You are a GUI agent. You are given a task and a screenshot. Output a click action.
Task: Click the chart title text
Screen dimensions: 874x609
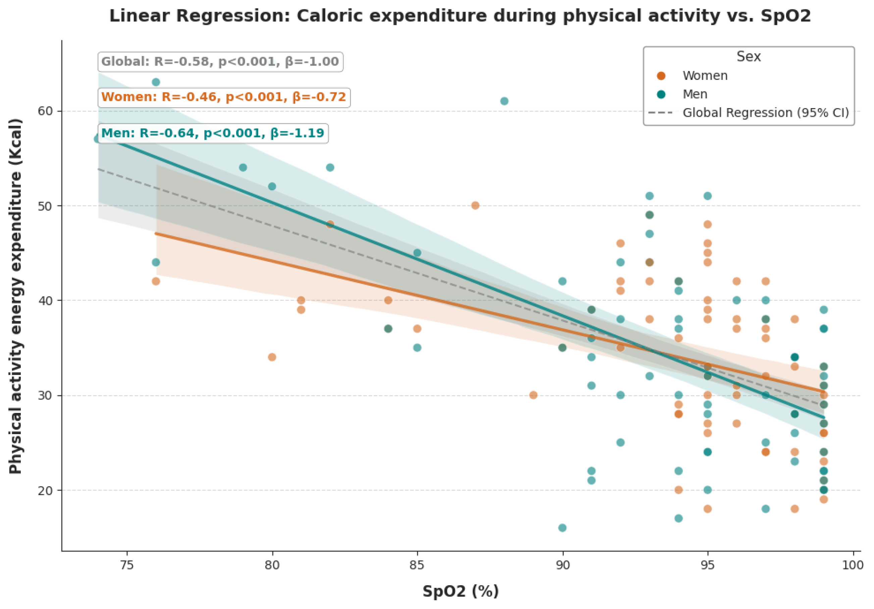pyautogui.click(x=460, y=16)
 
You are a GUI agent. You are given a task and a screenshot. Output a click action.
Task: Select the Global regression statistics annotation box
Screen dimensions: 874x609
pyautogui.click(x=220, y=62)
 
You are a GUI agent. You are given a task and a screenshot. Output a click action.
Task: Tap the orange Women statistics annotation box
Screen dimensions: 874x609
pyautogui.click(x=224, y=97)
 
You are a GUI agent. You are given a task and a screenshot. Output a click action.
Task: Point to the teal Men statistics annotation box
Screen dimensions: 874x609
pyautogui.click(x=213, y=133)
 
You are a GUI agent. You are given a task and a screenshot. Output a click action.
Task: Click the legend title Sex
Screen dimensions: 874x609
pyautogui.click(x=749, y=56)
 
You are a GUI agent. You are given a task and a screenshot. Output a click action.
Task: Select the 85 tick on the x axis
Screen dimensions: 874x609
pyautogui.click(x=417, y=564)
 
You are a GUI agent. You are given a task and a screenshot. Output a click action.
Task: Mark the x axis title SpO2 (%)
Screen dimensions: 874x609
pyautogui.click(x=461, y=591)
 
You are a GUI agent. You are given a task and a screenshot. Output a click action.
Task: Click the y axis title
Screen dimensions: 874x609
pyautogui.click(x=16, y=296)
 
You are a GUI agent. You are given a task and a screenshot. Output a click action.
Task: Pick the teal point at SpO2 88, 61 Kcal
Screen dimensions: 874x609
pyautogui.click(x=504, y=101)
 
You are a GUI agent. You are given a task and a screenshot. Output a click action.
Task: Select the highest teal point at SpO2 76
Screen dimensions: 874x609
pyautogui.click(x=156, y=82)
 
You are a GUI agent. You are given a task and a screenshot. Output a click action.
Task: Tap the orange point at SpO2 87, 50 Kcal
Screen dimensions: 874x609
pyautogui.click(x=475, y=206)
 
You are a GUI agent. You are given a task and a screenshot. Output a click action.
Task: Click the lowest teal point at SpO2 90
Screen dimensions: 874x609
pyautogui.click(x=562, y=528)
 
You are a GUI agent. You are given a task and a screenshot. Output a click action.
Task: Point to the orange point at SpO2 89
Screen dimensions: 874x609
pyautogui.click(x=533, y=395)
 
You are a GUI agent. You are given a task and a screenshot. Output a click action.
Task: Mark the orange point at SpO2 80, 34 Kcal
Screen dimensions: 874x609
pyautogui.click(x=272, y=357)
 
